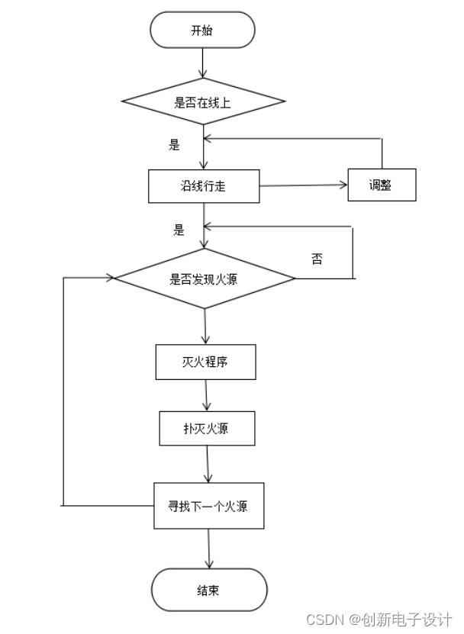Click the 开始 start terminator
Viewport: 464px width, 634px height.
202,31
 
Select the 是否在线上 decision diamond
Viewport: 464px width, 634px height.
203,101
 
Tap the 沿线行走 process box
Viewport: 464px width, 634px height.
203,186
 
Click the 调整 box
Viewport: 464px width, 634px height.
382,185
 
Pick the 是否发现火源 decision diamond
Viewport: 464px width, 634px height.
205,278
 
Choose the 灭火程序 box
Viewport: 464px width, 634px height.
205,362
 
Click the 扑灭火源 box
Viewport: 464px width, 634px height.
206,428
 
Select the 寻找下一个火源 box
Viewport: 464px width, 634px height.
208,506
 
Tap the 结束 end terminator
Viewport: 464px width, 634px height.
209,590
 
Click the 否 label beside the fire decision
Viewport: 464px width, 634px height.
317,259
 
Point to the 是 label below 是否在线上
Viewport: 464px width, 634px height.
174,144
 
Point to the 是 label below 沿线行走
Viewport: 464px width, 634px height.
179,230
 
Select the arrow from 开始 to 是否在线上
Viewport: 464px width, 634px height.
203,62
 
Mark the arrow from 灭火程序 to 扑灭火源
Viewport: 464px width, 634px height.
206,395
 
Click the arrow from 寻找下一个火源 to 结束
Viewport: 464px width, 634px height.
208,548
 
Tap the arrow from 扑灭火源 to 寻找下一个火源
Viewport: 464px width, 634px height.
208,464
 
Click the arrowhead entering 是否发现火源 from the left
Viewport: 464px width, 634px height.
108,278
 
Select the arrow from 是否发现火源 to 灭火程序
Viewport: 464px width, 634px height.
205,327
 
